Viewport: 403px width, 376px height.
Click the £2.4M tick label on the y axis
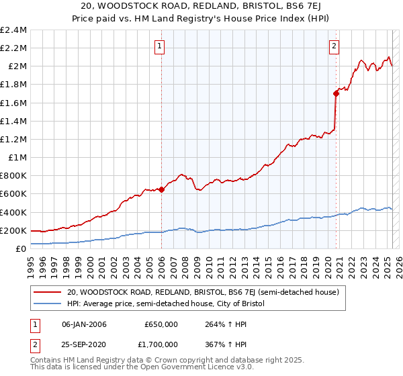click(x=13, y=30)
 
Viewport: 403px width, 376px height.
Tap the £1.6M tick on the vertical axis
click(x=13, y=103)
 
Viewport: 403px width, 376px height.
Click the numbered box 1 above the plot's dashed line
click(x=160, y=46)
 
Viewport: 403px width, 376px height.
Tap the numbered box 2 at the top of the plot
click(x=334, y=46)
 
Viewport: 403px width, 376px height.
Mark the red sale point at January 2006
click(x=162, y=189)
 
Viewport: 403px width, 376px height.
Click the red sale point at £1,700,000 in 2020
click(x=337, y=93)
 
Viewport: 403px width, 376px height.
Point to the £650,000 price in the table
click(x=161, y=324)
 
